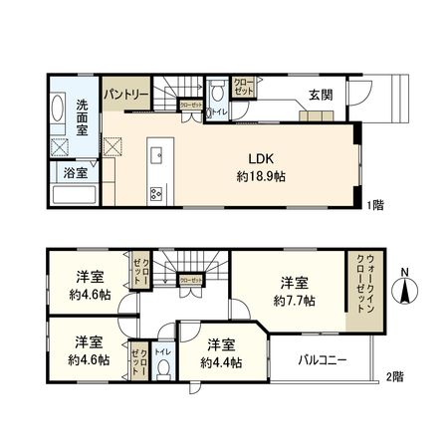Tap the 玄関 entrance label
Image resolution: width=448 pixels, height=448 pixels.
[x=320, y=96]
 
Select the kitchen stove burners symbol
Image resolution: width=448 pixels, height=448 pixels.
[x=155, y=193]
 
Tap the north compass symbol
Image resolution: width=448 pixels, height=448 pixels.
[x=406, y=291]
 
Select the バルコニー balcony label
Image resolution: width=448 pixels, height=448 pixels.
[x=323, y=360]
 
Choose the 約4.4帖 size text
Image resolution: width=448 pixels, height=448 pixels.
[x=223, y=362]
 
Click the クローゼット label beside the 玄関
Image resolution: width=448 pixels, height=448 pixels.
[x=242, y=89]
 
